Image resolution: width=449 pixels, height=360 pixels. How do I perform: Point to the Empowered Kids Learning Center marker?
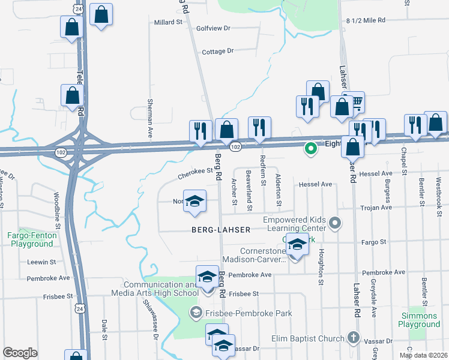click(336, 224)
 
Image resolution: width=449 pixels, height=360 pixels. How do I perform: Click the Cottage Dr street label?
click(217, 52)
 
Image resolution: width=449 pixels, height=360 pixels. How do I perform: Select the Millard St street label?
click(168, 22)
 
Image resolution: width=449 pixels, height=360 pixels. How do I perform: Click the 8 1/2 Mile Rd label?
click(366, 20)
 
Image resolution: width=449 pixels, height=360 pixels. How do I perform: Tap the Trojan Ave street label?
click(376, 208)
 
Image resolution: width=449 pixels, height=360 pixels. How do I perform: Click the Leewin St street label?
click(41, 262)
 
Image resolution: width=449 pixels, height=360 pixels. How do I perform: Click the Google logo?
click(20, 353)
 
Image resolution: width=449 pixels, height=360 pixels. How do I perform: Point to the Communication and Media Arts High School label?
click(154, 289)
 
